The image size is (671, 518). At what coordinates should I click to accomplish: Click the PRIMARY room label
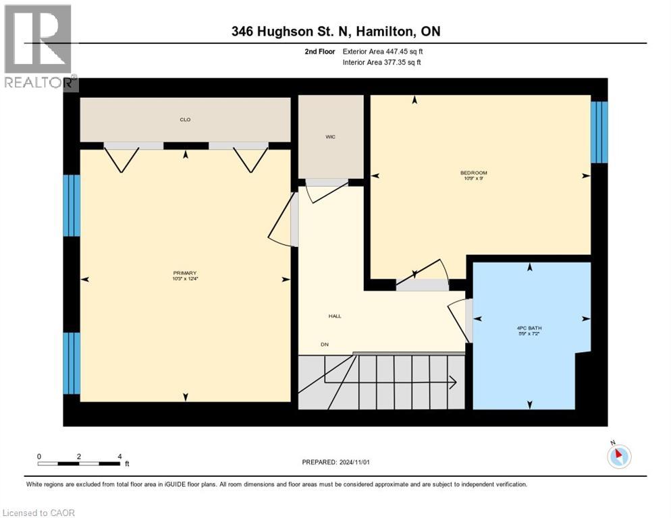tap(184, 272)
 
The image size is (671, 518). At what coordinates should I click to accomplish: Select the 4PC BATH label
tap(529, 329)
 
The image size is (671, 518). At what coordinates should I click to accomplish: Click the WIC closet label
tap(330, 137)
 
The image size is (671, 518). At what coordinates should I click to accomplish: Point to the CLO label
tap(184, 119)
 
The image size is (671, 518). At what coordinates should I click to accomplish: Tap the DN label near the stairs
tap(325, 344)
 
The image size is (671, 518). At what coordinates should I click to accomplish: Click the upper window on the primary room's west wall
tap(72, 206)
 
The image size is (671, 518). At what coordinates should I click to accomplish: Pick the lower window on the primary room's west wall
tap(72, 363)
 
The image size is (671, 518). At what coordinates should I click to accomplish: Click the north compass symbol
tap(618, 456)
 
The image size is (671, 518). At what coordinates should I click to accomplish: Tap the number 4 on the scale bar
tap(119, 457)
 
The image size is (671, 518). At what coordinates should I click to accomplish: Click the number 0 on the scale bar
tap(39, 457)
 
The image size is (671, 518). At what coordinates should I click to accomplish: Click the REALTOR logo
tap(38, 47)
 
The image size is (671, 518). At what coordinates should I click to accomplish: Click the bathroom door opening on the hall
tap(469, 321)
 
